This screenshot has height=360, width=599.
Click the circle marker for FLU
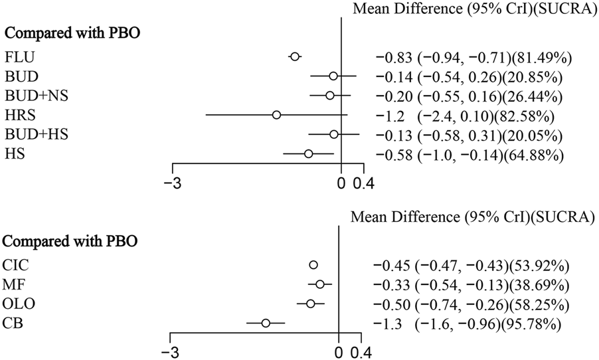point(295,57)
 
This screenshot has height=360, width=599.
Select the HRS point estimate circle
point(276,116)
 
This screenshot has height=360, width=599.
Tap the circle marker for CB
point(266,323)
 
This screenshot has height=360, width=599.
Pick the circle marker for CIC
point(313,265)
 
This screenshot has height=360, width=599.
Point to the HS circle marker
point(308,153)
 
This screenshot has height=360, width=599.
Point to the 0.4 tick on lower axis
point(361,351)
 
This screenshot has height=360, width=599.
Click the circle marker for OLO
point(310,304)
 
